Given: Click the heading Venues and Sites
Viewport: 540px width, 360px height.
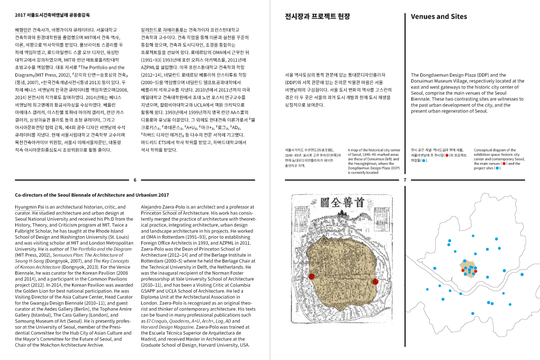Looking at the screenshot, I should (x=439, y=16).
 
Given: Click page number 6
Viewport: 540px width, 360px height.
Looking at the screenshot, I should (x=135, y=180).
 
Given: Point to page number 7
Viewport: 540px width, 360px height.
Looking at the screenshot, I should (x=404, y=180).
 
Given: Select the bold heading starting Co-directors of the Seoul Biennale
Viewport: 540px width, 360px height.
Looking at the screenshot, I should (x=92, y=195).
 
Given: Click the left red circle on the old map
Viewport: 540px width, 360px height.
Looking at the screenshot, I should (x=312, y=276).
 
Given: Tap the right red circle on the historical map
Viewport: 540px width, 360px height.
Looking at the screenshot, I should (x=375, y=281).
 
